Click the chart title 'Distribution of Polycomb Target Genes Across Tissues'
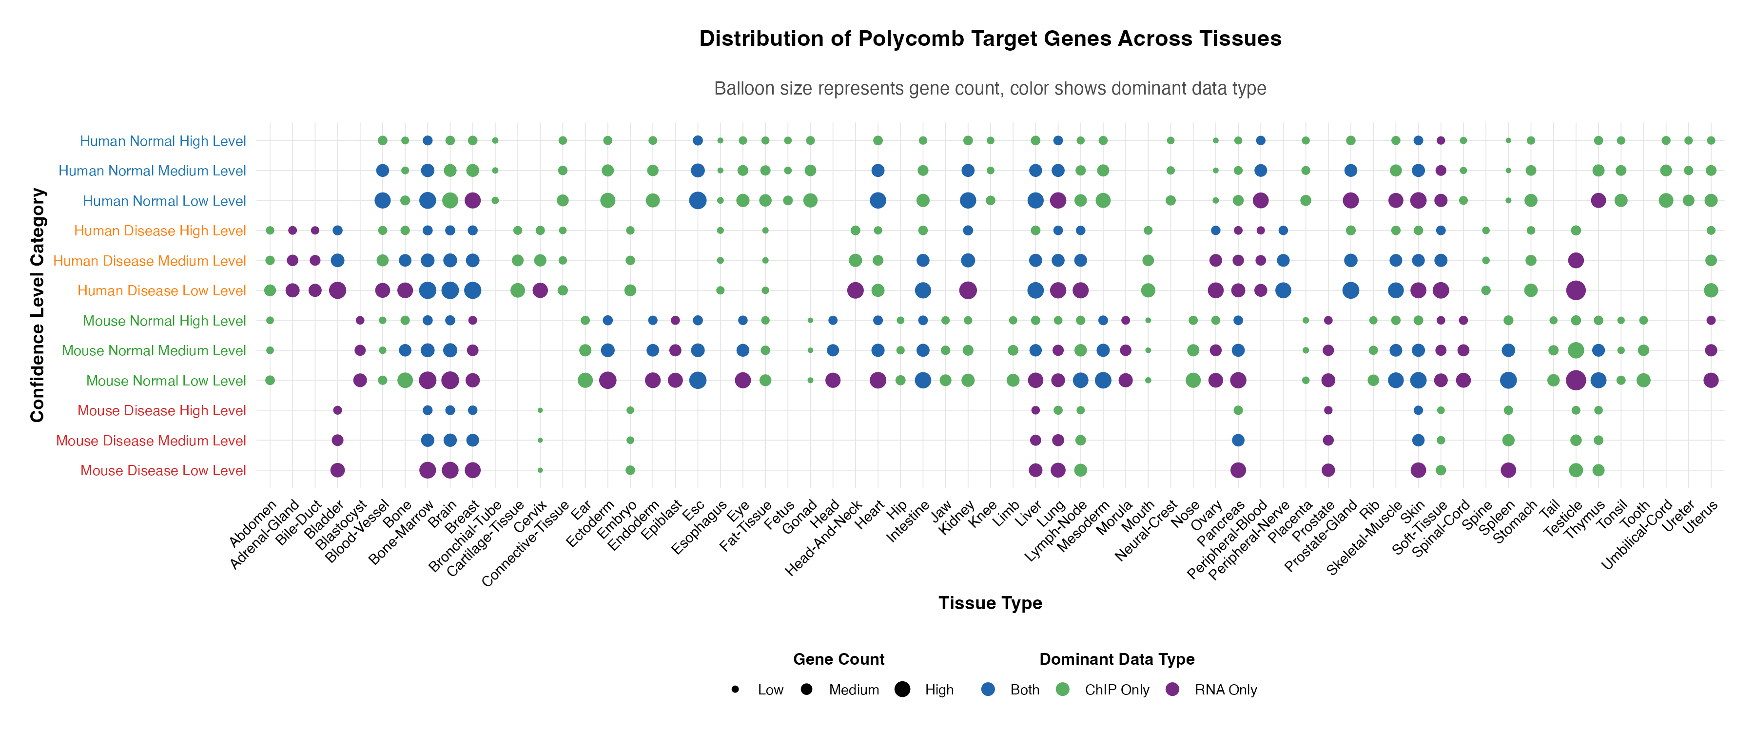(990, 39)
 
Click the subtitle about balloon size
(990, 89)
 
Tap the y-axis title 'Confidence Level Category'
(38, 305)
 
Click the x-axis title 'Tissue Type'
(990, 603)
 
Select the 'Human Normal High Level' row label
(163, 141)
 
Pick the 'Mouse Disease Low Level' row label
(163, 471)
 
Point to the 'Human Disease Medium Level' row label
(149, 261)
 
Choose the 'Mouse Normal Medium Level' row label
(154, 351)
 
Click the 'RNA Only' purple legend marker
(1172, 690)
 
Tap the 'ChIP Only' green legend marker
(1062, 690)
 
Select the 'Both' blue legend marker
(988, 690)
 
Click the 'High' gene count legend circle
(902, 690)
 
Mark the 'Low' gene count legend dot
(735, 690)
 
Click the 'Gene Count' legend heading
(838, 659)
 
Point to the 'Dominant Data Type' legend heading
(1117, 659)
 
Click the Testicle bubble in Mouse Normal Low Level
(1575, 380)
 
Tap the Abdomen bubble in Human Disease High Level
(270, 231)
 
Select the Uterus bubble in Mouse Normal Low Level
(1710, 380)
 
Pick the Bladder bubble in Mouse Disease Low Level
(337, 470)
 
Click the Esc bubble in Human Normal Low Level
(698, 200)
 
